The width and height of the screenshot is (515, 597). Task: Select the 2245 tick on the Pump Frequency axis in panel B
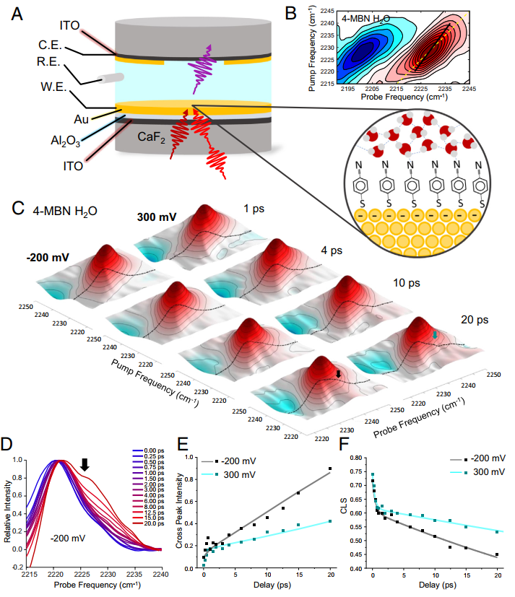(326, 12)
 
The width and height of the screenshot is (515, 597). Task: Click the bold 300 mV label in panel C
(157, 217)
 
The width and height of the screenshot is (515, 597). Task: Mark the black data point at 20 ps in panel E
(330, 469)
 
